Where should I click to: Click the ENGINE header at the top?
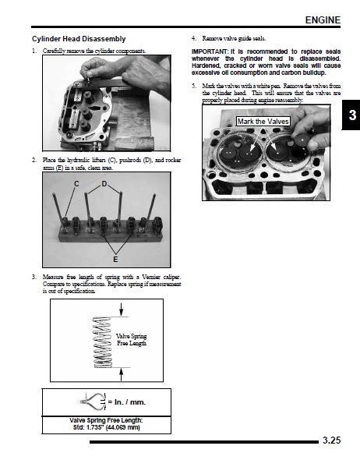pos(323,20)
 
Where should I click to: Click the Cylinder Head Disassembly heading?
pos(79,39)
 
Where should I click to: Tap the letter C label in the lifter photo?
pos(76,184)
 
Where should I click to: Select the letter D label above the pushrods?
pos(104,184)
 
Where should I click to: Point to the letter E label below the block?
pos(115,260)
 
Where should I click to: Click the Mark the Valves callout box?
pos(263,121)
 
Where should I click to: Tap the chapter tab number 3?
pos(352,115)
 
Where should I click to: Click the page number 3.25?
pos(332,440)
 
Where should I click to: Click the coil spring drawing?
pos(102,342)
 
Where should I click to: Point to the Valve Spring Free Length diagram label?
pos(132,340)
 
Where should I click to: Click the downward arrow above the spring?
pos(122,310)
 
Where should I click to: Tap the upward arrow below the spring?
pos(122,374)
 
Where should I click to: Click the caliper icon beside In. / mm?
pos(91,402)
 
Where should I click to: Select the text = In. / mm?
pos(127,402)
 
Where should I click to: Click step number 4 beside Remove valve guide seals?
pos(194,38)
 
